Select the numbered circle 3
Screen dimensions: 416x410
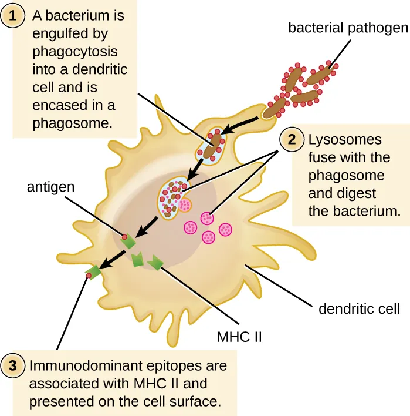(x=12, y=365)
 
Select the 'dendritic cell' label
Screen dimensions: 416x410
(x=358, y=308)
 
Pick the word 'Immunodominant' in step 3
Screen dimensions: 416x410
(x=74, y=365)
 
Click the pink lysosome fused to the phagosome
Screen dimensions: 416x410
(x=184, y=205)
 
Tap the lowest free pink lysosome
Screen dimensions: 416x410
(x=208, y=237)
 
